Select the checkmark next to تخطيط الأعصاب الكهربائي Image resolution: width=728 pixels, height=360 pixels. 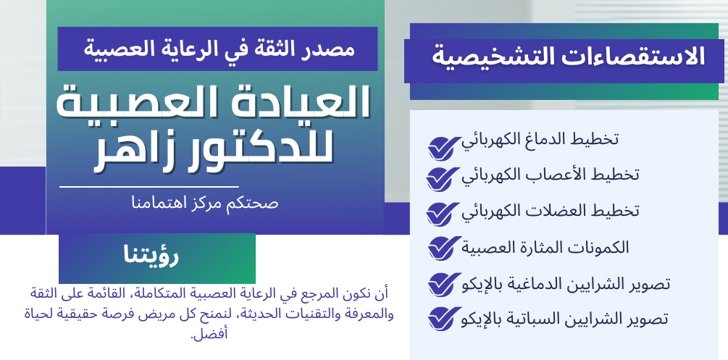click(442, 178)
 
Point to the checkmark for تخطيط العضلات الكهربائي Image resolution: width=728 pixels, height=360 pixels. click(442, 213)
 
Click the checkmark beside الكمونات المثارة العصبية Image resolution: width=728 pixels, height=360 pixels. click(442, 248)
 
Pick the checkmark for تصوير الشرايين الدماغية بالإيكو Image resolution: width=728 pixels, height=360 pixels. click(442, 283)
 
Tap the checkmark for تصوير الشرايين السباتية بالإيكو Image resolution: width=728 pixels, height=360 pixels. click(442, 318)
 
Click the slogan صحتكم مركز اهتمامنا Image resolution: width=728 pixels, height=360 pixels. click(204, 202)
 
